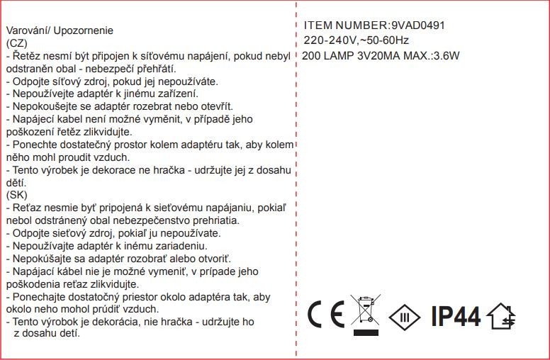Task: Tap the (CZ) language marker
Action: [x=16, y=43]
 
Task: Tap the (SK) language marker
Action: [x=16, y=194]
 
